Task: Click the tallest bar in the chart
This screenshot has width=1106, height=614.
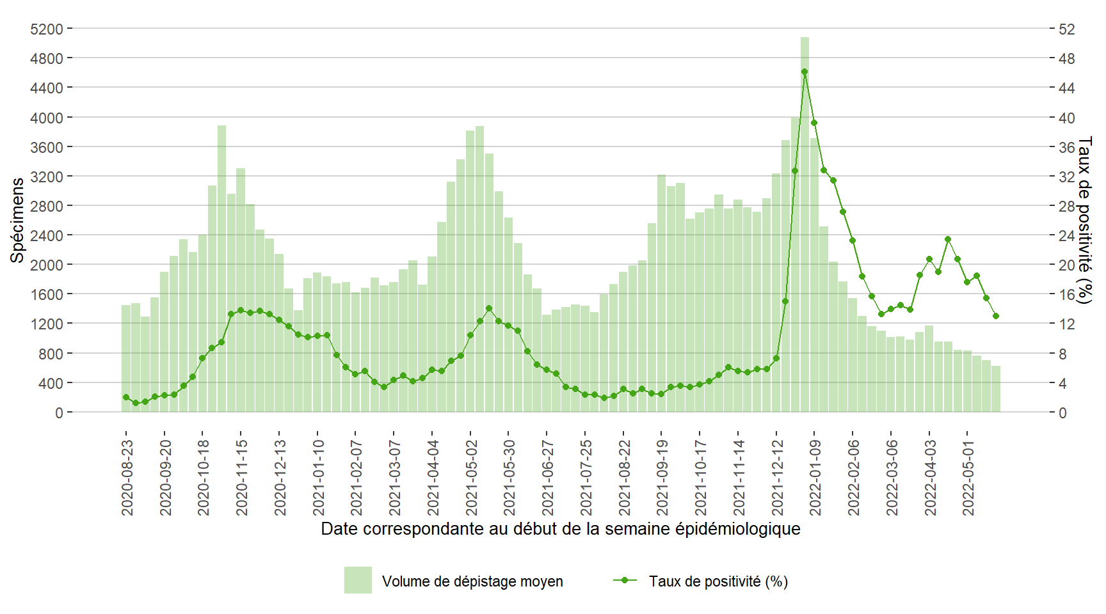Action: (x=805, y=224)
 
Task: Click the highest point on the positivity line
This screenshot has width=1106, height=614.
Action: (x=805, y=72)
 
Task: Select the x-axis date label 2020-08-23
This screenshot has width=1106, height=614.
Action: (x=127, y=477)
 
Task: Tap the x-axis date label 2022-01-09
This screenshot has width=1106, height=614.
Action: (x=815, y=477)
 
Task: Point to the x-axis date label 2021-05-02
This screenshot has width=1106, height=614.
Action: (x=472, y=477)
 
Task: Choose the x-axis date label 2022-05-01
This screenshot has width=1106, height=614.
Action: (x=969, y=477)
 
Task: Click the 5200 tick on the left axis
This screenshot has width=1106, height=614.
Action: (x=47, y=29)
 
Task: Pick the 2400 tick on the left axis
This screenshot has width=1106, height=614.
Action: (x=47, y=235)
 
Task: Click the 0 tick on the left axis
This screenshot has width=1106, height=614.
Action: (x=59, y=413)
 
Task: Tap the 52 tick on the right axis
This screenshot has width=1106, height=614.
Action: (x=1067, y=29)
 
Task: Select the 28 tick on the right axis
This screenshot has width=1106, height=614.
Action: (x=1067, y=206)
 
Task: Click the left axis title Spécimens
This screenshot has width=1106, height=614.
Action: (x=17, y=220)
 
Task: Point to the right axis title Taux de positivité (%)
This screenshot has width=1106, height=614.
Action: (x=1084, y=220)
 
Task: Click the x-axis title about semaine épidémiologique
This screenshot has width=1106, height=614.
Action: (x=561, y=529)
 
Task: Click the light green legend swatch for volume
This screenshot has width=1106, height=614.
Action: (x=358, y=580)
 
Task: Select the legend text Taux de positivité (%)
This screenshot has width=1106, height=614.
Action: (x=718, y=581)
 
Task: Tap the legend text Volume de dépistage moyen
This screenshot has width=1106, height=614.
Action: (x=472, y=581)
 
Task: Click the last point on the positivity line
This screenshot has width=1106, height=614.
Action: (x=996, y=316)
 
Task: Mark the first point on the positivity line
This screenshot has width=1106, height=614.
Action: (x=126, y=397)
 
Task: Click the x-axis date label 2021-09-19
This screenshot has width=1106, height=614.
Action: (x=662, y=477)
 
